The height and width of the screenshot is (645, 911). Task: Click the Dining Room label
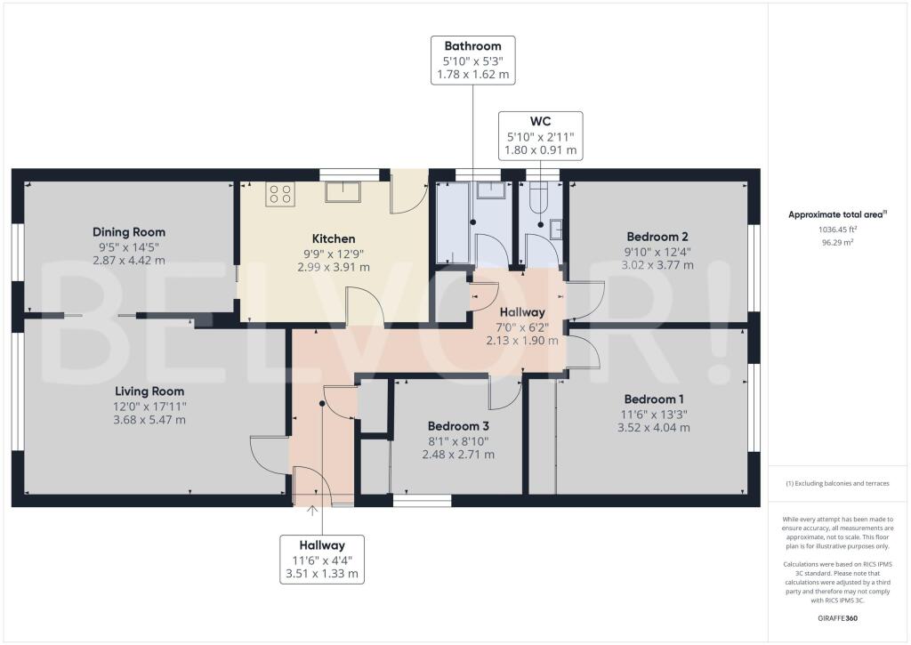point(129,232)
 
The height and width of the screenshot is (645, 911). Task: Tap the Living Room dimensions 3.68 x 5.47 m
point(149,420)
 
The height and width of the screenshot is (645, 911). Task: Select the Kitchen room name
point(334,238)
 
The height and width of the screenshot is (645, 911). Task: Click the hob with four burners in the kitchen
point(280,194)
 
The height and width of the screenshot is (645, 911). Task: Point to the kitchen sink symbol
point(343,192)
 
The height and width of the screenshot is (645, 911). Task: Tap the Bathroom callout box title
point(473,46)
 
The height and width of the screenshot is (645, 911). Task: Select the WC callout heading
point(540,122)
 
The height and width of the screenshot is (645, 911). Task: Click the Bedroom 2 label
point(657,237)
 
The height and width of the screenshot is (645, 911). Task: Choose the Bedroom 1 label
point(654,399)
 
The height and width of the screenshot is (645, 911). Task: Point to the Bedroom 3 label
point(458,426)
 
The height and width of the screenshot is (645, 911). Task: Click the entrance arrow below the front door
point(312,512)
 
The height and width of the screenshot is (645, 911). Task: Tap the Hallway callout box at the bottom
point(322,559)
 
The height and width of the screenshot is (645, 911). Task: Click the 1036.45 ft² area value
point(838,230)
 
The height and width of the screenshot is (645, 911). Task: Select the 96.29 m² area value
point(838,242)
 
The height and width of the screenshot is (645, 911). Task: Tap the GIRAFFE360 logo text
point(837,618)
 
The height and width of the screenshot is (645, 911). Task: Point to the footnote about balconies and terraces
point(837,483)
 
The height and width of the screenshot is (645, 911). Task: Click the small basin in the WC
point(557,230)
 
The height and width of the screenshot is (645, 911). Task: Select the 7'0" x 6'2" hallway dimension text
point(522,327)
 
